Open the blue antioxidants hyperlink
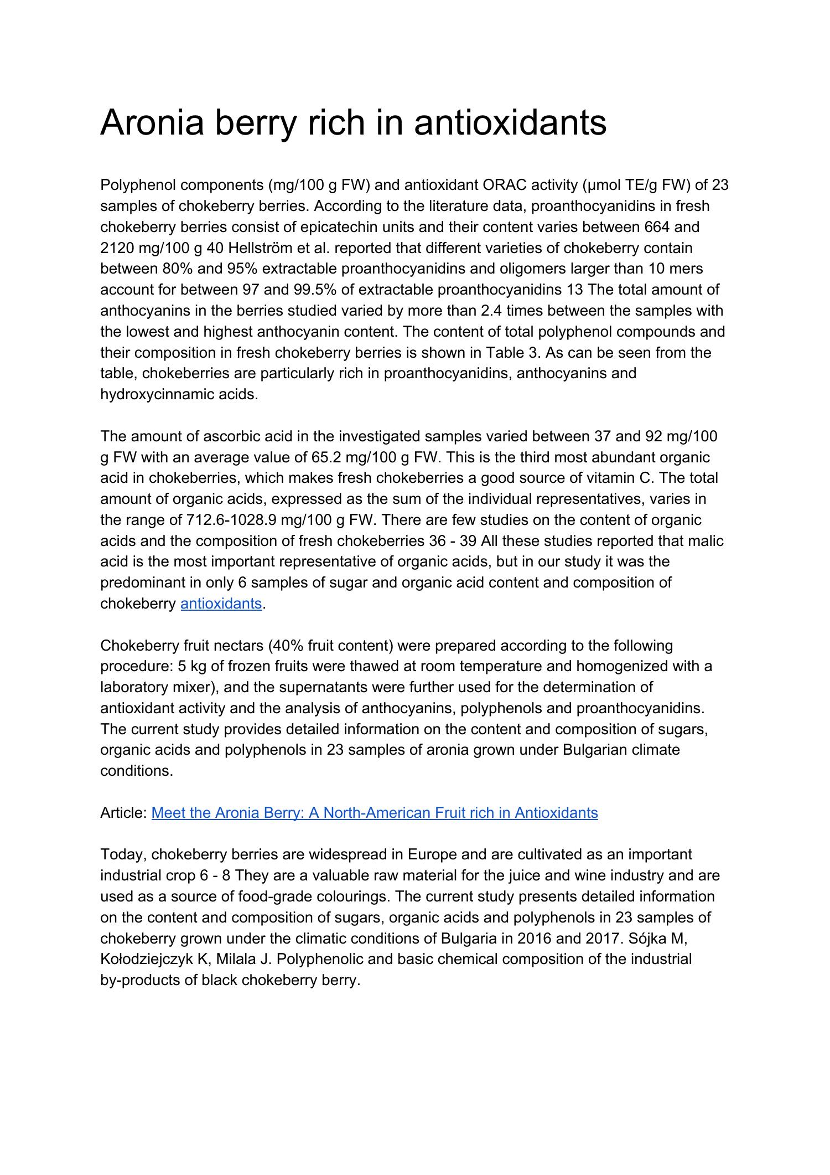coord(221,604)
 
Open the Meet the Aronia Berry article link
coord(374,813)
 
